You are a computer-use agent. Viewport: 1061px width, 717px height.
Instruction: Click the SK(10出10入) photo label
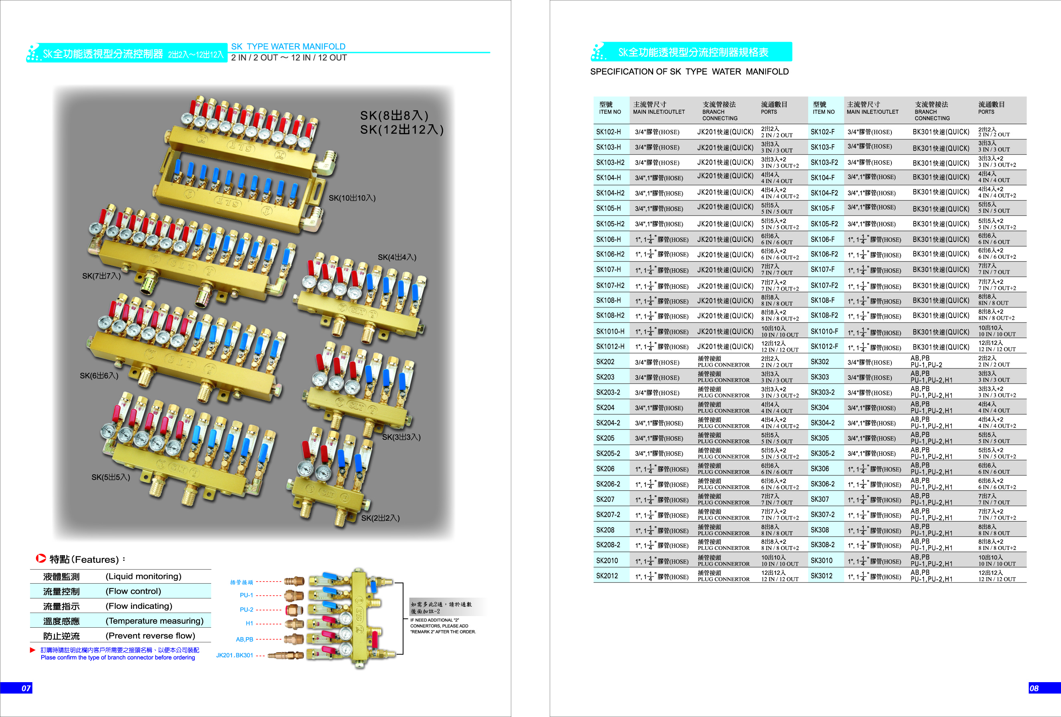(x=352, y=198)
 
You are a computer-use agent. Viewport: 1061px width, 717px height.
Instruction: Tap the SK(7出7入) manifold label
(x=101, y=276)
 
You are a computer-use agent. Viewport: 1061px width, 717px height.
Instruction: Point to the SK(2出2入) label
(x=380, y=518)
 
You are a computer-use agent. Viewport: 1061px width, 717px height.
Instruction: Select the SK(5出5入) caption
(x=111, y=477)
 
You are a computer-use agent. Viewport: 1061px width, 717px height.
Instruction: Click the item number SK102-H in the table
(x=608, y=132)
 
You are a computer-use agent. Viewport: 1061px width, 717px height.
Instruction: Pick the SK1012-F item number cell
(x=824, y=346)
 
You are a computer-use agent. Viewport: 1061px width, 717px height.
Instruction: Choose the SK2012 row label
(x=607, y=576)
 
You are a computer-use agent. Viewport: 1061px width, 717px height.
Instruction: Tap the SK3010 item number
(x=821, y=560)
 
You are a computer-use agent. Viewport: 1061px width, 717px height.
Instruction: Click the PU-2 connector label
(x=246, y=610)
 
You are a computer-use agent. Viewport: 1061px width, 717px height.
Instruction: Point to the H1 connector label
(x=249, y=623)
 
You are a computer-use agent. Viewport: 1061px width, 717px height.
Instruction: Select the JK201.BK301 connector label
(x=234, y=655)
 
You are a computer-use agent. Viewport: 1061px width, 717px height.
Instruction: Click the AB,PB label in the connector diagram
(x=244, y=639)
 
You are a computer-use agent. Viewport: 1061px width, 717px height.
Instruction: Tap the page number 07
(x=26, y=688)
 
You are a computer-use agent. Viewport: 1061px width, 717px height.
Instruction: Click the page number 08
(x=1034, y=688)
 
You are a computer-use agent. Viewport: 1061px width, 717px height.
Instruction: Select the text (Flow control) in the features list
(x=133, y=592)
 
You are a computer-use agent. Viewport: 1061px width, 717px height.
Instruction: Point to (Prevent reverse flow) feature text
(x=150, y=636)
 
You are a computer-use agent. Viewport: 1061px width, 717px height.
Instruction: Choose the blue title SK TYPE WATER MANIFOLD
(x=288, y=46)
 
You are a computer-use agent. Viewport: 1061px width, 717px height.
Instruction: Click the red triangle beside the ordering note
(x=32, y=650)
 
